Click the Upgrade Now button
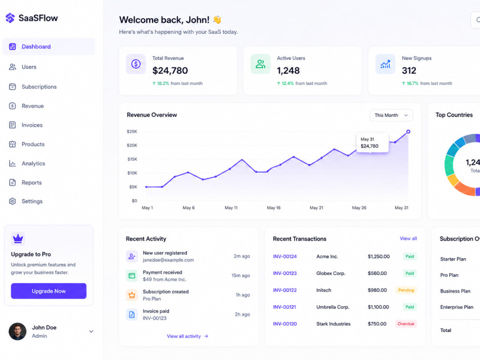click(x=48, y=291)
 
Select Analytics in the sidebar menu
click(x=33, y=164)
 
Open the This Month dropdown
click(x=391, y=115)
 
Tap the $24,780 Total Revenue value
click(x=170, y=71)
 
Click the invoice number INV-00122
click(x=285, y=290)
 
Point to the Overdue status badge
click(x=406, y=324)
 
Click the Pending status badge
click(x=406, y=290)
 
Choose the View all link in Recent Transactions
click(x=408, y=239)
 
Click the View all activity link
click(x=184, y=336)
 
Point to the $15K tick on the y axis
click(x=132, y=159)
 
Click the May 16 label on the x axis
click(x=274, y=207)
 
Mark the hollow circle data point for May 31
click(x=408, y=132)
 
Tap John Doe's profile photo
click(x=17, y=331)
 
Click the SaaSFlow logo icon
click(x=10, y=18)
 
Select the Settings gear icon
click(x=12, y=201)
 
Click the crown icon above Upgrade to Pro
click(x=18, y=239)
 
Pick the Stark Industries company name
click(x=334, y=324)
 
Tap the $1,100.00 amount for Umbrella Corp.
click(x=378, y=307)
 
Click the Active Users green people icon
click(x=261, y=64)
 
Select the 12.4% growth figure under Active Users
click(x=288, y=83)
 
